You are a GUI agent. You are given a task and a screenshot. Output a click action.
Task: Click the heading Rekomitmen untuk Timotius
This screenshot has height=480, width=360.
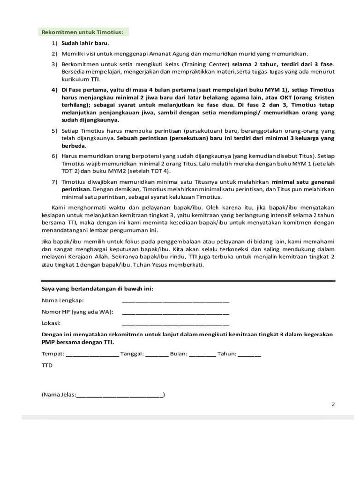(82, 32)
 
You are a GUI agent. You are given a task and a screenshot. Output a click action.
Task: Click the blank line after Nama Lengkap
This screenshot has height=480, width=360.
(175, 300)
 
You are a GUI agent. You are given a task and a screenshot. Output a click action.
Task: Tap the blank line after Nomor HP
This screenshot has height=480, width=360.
(175, 312)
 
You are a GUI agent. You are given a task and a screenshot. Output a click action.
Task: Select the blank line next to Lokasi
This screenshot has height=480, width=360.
(175, 323)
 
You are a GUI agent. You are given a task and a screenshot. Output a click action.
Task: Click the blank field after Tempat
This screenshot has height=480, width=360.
(92, 354)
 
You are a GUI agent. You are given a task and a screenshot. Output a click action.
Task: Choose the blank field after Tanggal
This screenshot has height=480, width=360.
(157, 354)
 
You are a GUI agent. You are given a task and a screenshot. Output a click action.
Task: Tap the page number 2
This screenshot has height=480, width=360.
(333, 405)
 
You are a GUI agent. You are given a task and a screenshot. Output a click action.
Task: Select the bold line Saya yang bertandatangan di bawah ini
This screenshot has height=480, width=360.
(97, 288)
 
